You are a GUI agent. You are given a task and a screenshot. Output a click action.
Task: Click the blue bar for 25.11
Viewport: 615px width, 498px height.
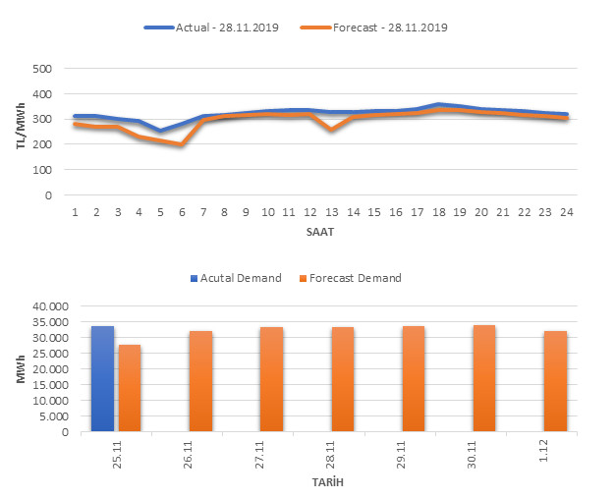click(103, 379)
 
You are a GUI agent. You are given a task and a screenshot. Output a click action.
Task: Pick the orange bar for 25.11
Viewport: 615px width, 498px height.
click(130, 388)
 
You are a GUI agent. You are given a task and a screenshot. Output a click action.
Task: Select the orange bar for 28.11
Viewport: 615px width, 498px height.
click(343, 379)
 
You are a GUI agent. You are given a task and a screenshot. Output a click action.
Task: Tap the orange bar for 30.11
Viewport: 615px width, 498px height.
click(484, 378)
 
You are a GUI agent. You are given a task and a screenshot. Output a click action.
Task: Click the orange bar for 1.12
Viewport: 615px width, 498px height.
click(555, 381)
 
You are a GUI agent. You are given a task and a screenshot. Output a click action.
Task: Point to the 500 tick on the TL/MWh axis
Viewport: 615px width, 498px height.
click(41, 69)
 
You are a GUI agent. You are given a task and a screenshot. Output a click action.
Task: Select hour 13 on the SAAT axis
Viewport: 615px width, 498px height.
click(333, 211)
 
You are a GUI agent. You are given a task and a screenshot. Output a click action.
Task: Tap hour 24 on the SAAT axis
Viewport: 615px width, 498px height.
click(566, 211)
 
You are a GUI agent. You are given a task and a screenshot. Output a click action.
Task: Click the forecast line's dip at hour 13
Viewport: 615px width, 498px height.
click(333, 129)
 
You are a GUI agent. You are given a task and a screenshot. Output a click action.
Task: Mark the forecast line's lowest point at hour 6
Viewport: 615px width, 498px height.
click(182, 144)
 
